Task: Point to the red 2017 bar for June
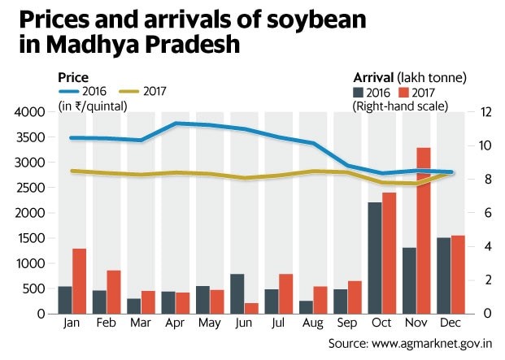coord(251,308)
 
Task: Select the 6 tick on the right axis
coord(480,213)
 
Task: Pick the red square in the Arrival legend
coord(403,92)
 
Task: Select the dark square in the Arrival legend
coord(359,92)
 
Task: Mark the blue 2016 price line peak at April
coord(176,124)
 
